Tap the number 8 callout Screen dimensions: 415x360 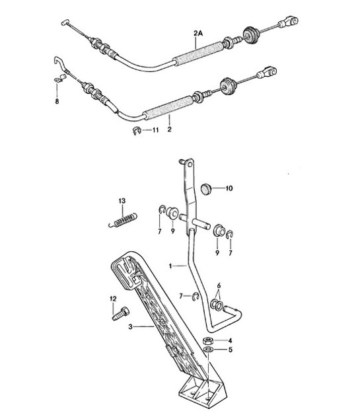pos(56,102)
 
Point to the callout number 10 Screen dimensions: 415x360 pos(229,188)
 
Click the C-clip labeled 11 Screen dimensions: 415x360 pos(137,130)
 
